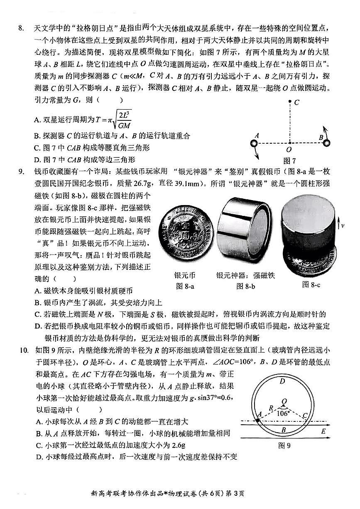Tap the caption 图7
pyautogui.click(x=289, y=161)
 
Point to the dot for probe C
pyautogui.click(x=289, y=101)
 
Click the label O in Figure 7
pyautogui.click(x=289, y=149)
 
